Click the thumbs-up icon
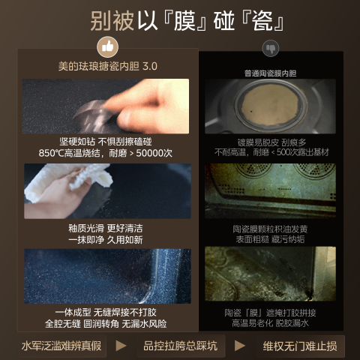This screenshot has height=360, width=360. click(108, 47)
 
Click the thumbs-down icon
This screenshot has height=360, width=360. click(271, 48)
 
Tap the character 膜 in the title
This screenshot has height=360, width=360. click(184, 21)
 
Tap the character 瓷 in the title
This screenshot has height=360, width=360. click(262, 21)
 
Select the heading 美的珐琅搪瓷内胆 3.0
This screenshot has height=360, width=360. click(108, 67)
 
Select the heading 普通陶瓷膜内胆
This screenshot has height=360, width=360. click(270, 73)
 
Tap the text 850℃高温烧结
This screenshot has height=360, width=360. click(69, 153)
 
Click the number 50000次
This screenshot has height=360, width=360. click(154, 153)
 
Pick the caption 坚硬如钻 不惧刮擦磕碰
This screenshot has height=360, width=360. click(106, 142)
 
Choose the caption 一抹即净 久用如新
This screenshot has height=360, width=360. click(106, 240)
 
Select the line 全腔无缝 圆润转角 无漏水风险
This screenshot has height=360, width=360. click(106, 324)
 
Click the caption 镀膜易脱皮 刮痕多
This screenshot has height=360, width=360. click(271, 142)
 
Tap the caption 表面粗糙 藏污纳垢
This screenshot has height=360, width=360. click(270, 239)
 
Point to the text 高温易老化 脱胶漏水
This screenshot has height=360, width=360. click(270, 323)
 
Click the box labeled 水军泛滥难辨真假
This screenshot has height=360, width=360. click(62, 346)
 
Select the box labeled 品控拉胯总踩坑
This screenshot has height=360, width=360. click(181, 346)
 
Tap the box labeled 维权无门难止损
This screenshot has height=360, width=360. click(301, 346)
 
